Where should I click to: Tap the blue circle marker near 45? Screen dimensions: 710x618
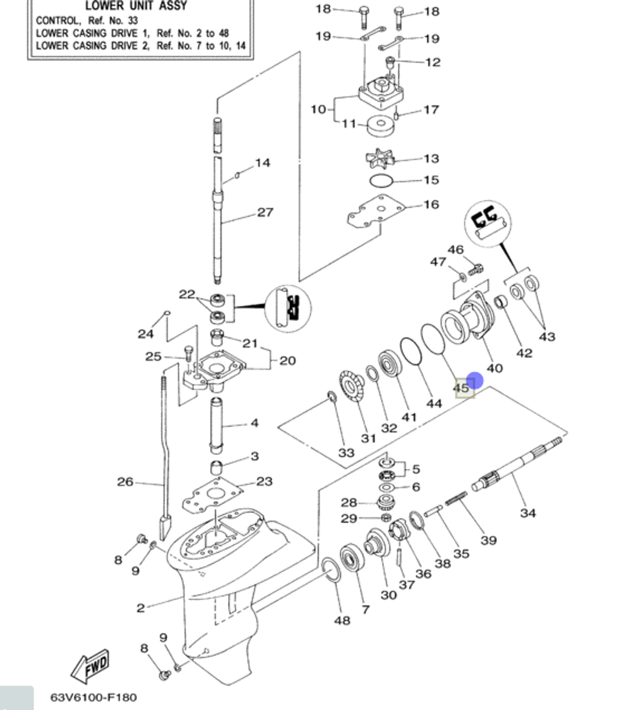[475, 381]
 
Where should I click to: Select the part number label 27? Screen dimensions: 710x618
[265, 212]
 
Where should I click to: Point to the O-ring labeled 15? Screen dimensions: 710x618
[381, 181]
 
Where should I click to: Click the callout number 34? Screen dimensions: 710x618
[528, 512]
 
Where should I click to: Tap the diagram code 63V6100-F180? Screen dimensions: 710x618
[94, 698]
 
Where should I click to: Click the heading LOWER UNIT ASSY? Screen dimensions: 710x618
[136, 7]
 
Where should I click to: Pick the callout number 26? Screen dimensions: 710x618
[125, 482]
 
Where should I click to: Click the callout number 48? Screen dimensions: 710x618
[342, 620]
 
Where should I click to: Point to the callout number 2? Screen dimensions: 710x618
[141, 608]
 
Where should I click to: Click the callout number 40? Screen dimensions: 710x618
[494, 368]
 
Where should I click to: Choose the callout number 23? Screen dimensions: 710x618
[264, 482]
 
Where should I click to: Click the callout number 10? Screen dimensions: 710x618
[318, 109]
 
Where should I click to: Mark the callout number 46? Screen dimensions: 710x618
[455, 250]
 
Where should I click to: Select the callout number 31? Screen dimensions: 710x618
[368, 438]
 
